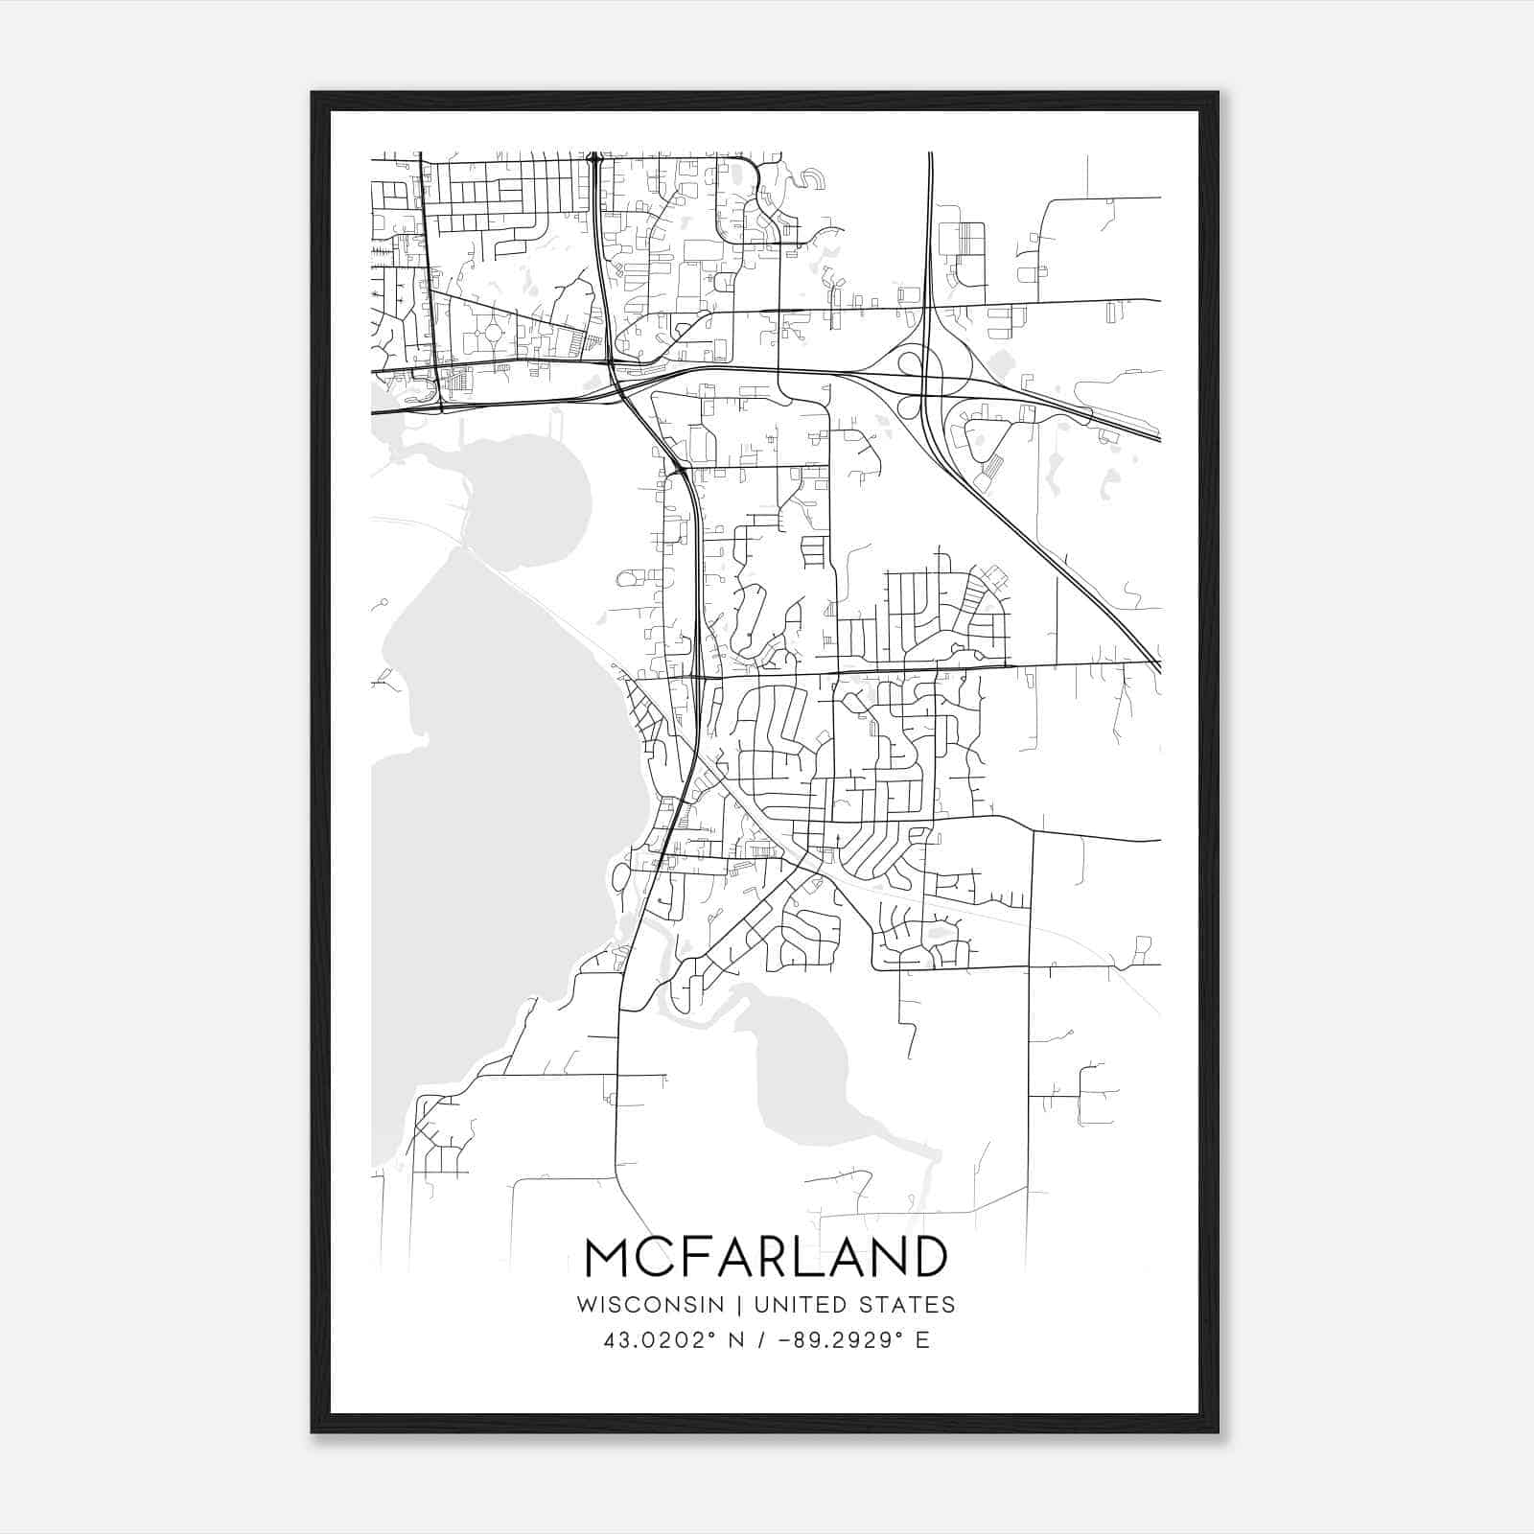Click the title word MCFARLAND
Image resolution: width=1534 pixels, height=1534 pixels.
tap(765, 1257)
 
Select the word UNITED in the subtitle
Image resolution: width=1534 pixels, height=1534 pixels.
tap(801, 1305)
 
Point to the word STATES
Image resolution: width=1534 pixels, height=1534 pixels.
tap(908, 1305)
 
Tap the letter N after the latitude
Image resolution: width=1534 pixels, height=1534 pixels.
tap(737, 1340)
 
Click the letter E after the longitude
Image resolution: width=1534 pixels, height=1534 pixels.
tap(922, 1340)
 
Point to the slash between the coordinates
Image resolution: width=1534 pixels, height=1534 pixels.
tap(763, 1340)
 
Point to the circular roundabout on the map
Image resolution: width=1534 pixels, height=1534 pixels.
tap(495, 334)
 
